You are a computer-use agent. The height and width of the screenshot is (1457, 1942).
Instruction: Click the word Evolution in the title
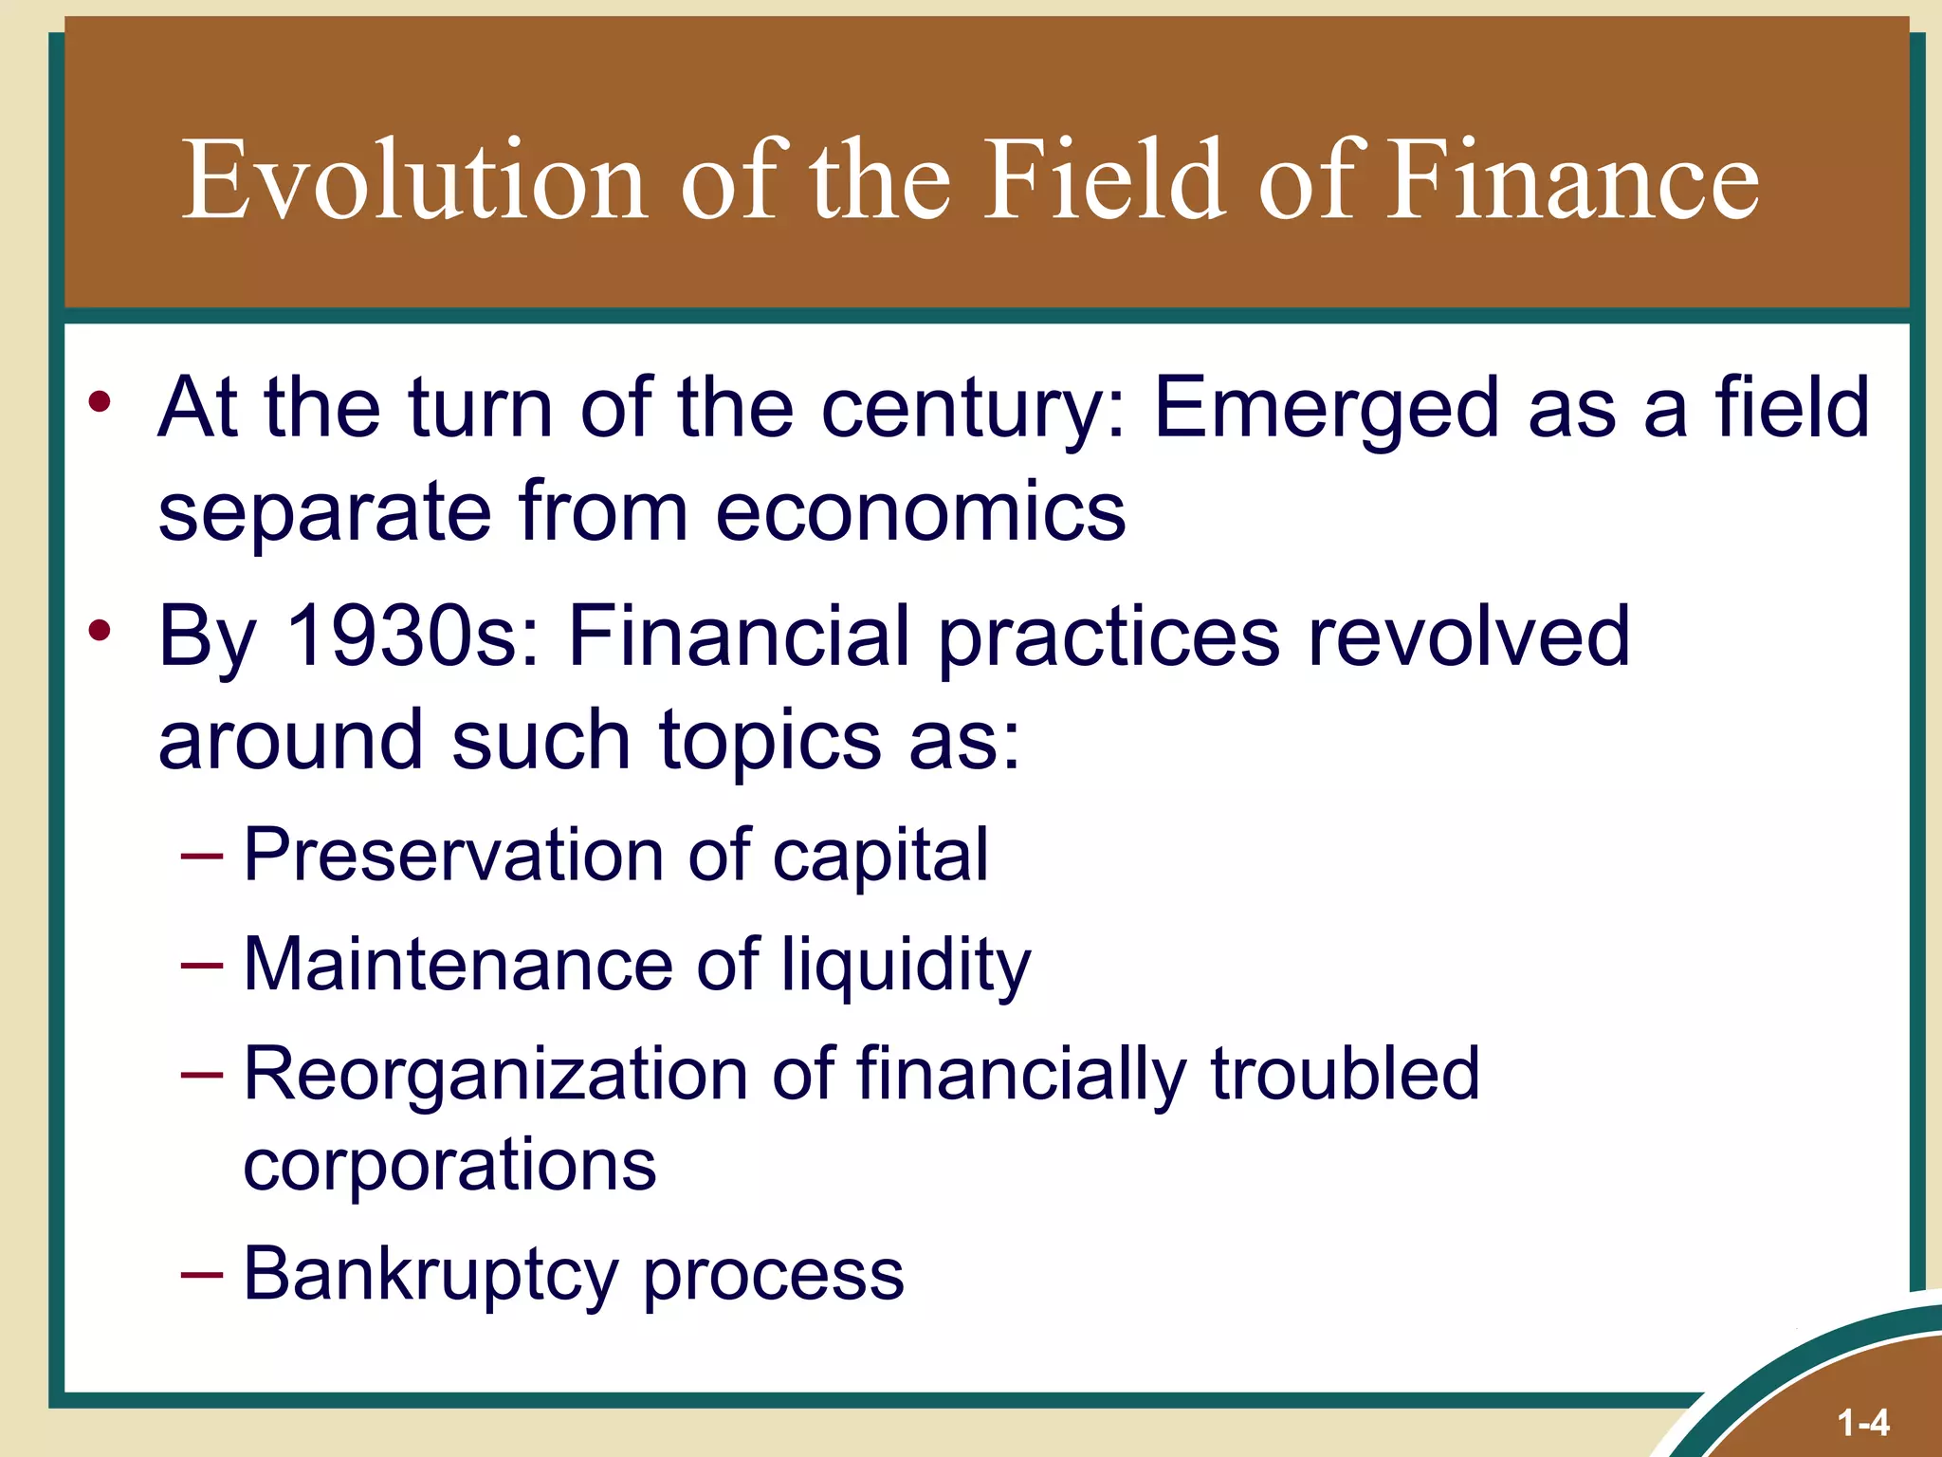pos(414,180)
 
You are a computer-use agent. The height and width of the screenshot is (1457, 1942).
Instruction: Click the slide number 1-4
pos(1862,1423)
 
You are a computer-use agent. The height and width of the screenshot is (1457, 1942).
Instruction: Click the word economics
pos(920,512)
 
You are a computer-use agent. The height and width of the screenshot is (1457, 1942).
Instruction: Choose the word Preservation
pos(451,855)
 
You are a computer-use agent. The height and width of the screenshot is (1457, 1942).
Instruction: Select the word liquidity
pos(906,966)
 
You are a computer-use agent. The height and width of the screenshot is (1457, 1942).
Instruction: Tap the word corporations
pos(449,1165)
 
